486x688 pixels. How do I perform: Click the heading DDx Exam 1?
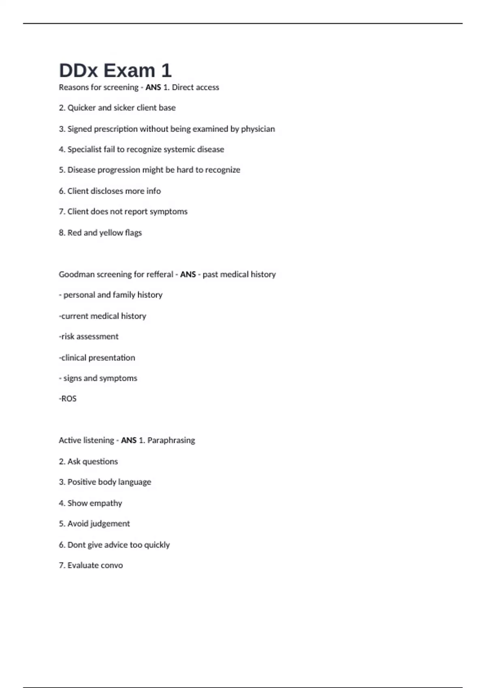(115, 70)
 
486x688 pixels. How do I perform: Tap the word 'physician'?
(258, 129)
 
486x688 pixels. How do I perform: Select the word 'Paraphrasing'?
(171, 440)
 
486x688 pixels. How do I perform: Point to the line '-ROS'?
(68, 399)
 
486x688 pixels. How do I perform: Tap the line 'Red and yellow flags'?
(100, 233)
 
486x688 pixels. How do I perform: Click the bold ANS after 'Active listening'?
(128, 440)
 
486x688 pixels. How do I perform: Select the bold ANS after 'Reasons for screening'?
(153, 87)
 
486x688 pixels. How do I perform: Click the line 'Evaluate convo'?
(91, 565)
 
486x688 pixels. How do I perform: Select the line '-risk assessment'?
(89, 337)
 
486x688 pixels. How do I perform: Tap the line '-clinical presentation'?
(97, 358)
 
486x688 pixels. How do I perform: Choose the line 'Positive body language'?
(105, 482)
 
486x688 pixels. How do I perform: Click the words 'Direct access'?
(195, 87)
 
